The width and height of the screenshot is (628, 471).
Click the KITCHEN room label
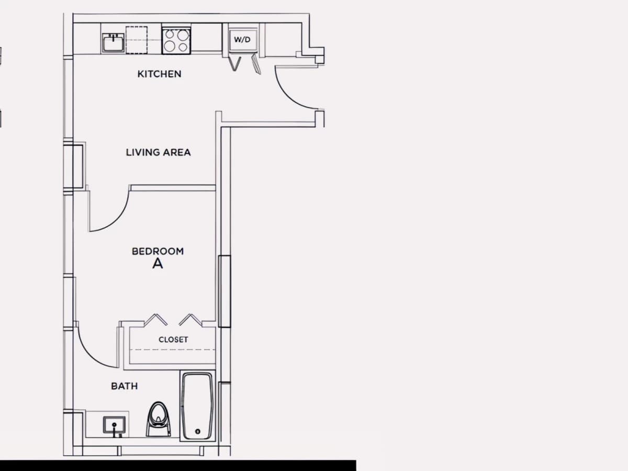tap(160, 74)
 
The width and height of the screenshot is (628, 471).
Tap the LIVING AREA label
tap(158, 152)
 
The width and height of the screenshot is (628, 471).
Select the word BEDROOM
tap(158, 251)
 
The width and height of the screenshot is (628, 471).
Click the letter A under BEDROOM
tap(158, 264)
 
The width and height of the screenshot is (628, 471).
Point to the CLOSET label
tap(173, 340)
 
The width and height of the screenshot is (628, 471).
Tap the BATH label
tap(125, 386)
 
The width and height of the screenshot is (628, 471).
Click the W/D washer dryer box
tap(243, 39)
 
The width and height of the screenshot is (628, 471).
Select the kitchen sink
tap(113, 43)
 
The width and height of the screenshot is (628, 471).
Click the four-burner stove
tap(176, 40)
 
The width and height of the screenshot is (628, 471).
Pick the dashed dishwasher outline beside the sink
tap(137, 40)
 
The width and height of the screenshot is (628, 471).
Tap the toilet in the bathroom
tap(158, 419)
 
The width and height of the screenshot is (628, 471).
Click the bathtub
tap(198, 406)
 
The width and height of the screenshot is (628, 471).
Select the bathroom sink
tap(114, 425)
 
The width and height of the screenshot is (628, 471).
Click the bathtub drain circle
tap(197, 432)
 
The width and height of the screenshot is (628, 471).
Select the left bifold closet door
tap(155, 320)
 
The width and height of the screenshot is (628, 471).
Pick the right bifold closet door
tap(190, 320)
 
